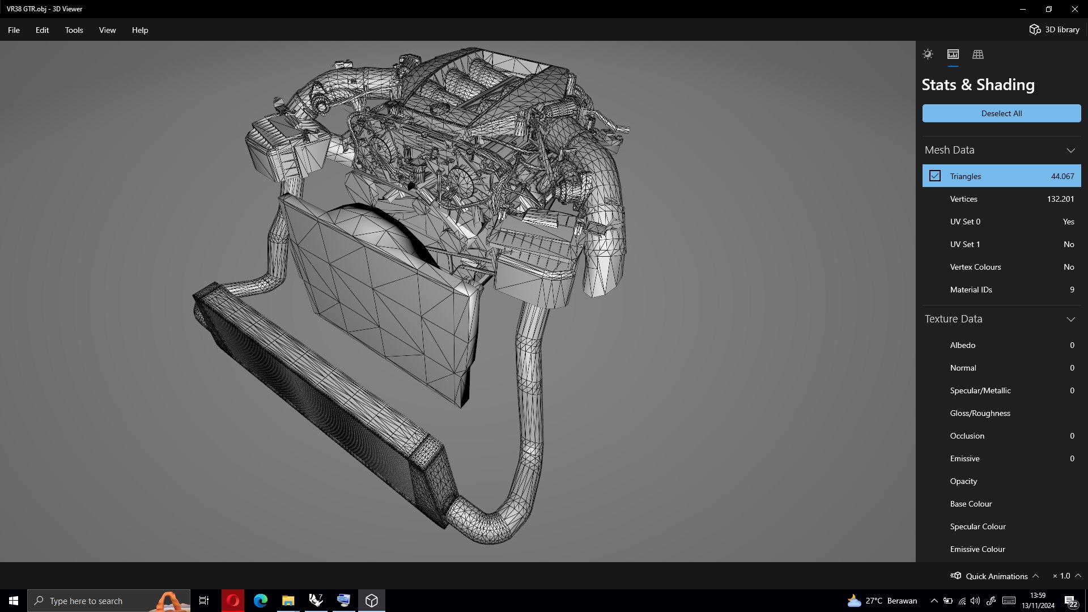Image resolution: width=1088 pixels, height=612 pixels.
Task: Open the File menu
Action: [x=14, y=30]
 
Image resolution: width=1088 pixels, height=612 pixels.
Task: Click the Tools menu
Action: [x=74, y=30]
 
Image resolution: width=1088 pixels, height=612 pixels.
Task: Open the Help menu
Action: [x=140, y=30]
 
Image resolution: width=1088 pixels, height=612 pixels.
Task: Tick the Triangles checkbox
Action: [x=935, y=176]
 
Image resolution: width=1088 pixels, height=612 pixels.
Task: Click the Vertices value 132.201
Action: [x=1060, y=199]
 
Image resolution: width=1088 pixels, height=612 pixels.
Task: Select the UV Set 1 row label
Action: [x=965, y=244]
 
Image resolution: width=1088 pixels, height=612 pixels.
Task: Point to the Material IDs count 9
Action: [x=1072, y=290]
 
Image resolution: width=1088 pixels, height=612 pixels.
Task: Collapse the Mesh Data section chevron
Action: [x=1070, y=150]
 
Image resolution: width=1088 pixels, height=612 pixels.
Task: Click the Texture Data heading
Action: [x=954, y=319]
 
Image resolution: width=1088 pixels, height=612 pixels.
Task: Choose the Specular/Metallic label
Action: [x=980, y=390]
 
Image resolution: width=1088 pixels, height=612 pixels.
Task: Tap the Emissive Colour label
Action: [x=977, y=549]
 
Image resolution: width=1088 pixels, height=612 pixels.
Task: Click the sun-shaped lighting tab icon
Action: [x=928, y=54]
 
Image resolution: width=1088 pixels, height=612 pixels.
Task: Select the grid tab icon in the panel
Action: [x=978, y=54]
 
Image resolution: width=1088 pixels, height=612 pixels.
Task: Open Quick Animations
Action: [x=995, y=576]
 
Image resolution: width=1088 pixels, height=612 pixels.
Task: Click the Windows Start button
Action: [x=14, y=601]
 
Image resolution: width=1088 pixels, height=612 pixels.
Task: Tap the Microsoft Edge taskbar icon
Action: [x=261, y=601]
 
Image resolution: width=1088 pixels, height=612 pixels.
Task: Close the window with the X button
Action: [x=1074, y=9]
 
